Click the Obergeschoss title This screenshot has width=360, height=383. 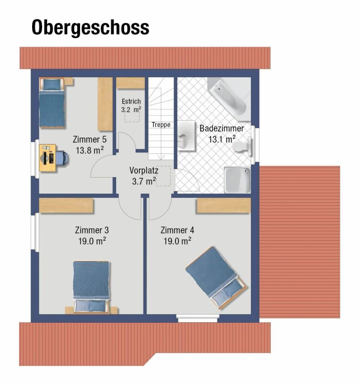click(x=90, y=28)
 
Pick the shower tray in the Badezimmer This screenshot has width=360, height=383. click(x=238, y=180)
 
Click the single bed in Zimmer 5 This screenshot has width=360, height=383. click(x=51, y=103)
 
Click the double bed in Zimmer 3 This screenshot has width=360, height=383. click(x=91, y=287)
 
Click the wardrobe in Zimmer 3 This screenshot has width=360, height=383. click(x=66, y=206)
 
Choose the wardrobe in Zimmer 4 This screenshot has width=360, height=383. click(x=223, y=206)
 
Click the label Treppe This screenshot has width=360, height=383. click(x=161, y=125)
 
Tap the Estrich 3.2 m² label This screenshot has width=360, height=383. click(x=131, y=105)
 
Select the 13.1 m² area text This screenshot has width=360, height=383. click(x=221, y=140)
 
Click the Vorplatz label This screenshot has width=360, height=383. click(x=144, y=170)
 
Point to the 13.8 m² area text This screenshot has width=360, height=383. click(x=90, y=150)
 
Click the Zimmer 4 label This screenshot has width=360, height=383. click(x=177, y=229)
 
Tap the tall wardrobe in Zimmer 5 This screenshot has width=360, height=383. click(x=105, y=103)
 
